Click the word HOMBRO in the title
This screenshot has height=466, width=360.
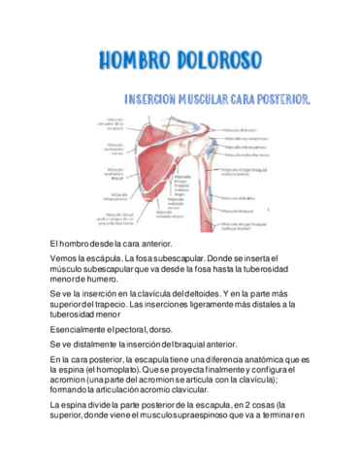pyautogui.click(x=136, y=62)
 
